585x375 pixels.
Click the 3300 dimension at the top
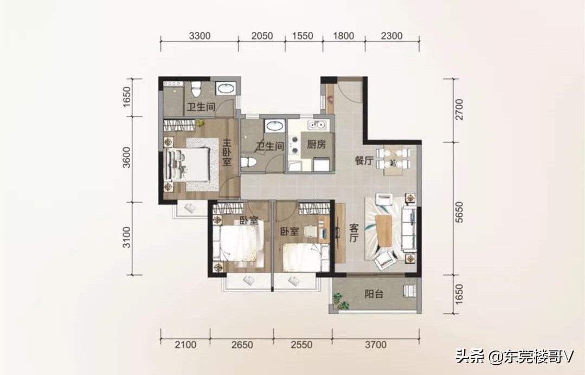200,36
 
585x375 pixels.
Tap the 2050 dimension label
262,36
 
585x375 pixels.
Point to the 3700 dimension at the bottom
376,345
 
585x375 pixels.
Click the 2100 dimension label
185,345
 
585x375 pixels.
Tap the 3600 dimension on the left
127,158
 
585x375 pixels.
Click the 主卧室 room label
227,152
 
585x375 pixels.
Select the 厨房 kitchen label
317,144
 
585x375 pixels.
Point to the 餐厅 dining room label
364,160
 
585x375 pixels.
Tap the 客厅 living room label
354,232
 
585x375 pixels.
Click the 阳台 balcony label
374,294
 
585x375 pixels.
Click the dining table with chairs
393,160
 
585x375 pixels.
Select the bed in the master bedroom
187,164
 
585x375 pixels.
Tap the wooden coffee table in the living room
384,231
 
